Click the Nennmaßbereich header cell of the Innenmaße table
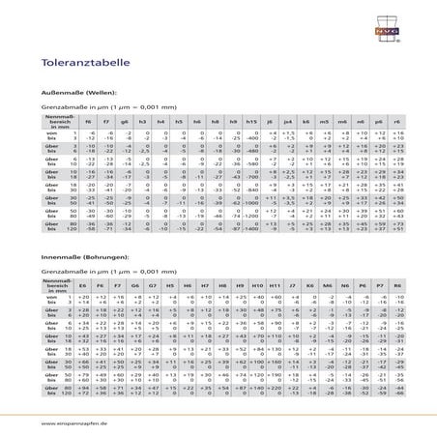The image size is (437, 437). point(59,287)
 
